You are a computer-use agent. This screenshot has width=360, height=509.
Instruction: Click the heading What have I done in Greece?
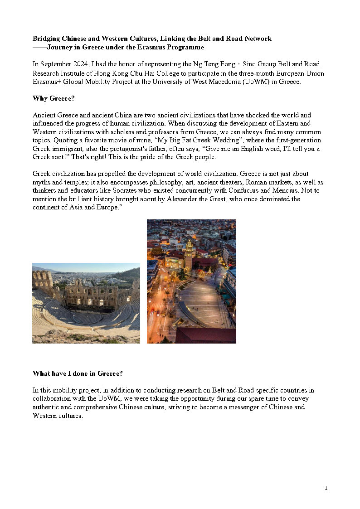coord(78,373)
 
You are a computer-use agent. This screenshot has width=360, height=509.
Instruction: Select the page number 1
coord(326,488)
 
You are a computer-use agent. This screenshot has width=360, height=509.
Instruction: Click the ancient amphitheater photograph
coord(86,303)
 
